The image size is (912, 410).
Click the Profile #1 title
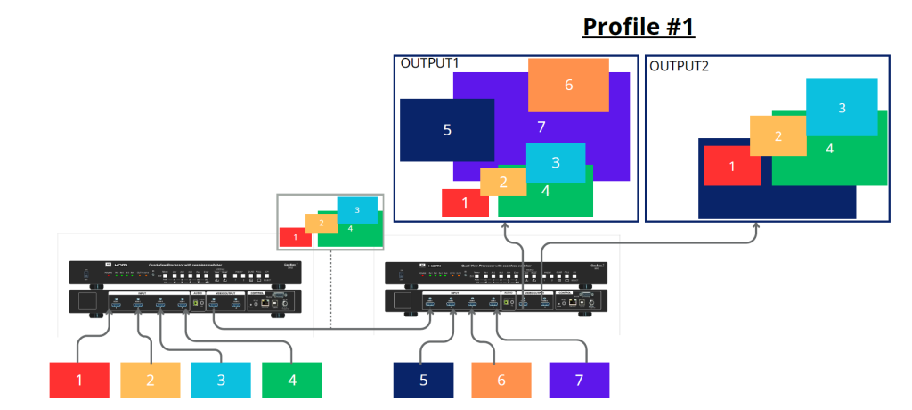pos(639,27)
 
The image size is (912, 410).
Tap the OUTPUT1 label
pos(430,63)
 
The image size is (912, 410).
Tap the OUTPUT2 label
pos(680,66)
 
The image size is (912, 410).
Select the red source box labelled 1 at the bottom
pos(78,380)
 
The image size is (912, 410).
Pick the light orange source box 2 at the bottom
pos(150,380)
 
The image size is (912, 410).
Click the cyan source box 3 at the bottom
pos(221,380)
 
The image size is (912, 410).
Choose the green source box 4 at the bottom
pos(292,380)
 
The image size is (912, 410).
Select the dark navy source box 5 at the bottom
pos(424,380)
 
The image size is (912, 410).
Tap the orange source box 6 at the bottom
pos(501,380)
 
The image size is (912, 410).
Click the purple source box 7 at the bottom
pos(579,380)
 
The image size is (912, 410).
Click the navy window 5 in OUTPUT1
pos(447,130)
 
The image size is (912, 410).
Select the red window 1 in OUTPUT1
pos(465,203)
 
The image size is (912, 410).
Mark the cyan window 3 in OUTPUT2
pos(842,108)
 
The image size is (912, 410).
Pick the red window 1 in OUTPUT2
pos(732,166)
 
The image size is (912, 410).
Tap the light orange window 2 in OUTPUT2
pos(778,136)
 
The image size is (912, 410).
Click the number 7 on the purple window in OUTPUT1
pos(541,127)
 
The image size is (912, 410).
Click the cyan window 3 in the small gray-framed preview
pos(357,210)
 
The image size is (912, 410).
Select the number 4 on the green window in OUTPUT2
pos(830,149)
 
